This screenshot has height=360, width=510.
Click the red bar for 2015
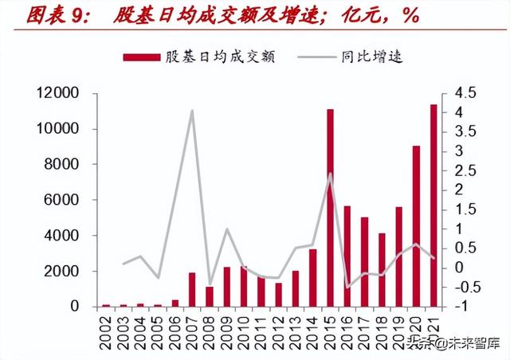click(x=330, y=208)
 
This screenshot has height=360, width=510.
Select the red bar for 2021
click(x=433, y=205)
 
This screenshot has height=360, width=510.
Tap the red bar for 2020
click(x=416, y=226)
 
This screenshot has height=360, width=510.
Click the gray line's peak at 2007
click(x=192, y=111)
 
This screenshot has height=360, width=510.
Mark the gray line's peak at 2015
click(x=330, y=174)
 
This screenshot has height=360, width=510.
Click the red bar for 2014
click(x=312, y=278)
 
